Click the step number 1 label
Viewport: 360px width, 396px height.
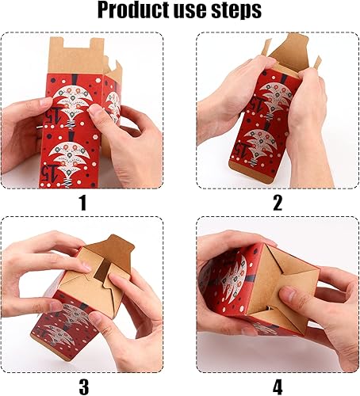coord(81,203)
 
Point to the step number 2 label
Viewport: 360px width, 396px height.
coord(278,203)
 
